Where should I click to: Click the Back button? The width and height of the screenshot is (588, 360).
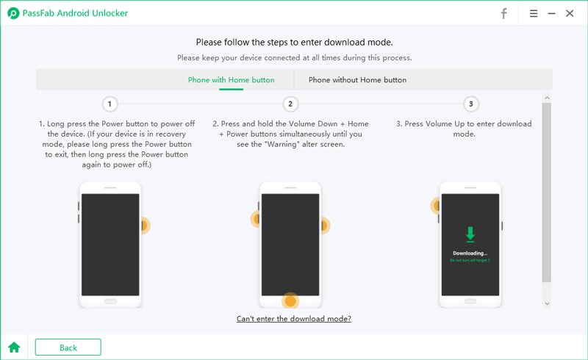pyautogui.click(x=68, y=348)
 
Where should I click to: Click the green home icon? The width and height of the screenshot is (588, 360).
pyautogui.click(x=14, y=348)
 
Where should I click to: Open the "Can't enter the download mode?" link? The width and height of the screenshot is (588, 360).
pyautogui.click(x=294, y=319)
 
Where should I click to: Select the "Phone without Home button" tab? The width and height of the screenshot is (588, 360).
pyautogui.click(x=357, y=80)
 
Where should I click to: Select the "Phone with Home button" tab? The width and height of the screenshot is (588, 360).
pyautogui.click(x=231, y=80)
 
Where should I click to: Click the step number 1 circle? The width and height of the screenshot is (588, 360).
pyautogui.click(x=110, y=104)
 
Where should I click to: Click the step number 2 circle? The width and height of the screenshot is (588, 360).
pyautogui.click(x=290, y=104)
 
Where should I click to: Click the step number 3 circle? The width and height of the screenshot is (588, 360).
pyautogui.click(x=470, y=104)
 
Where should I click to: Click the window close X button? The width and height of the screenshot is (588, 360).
pyautogui.click(x=570, y=13)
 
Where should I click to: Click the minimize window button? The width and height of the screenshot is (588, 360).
pyautogui.click(x=551, y=13)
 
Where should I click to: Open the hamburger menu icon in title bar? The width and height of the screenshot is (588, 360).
pyautogui.click(x=533, y=13)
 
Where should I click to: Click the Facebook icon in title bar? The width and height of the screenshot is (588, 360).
pyautogui.click(x=504, y=13)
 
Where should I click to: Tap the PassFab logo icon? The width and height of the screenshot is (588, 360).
pyautogui.click(x=12, y=13)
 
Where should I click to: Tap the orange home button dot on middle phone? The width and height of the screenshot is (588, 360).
pyautogui.click(x=290, y=301)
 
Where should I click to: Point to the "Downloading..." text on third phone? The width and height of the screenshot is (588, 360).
pyautogui.click(x=470, y=253)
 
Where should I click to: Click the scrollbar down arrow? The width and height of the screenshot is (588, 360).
pyautogui.click(x=546, y=303)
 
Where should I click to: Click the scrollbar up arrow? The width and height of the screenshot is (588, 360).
pyautogui.click(x=546, y=97)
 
